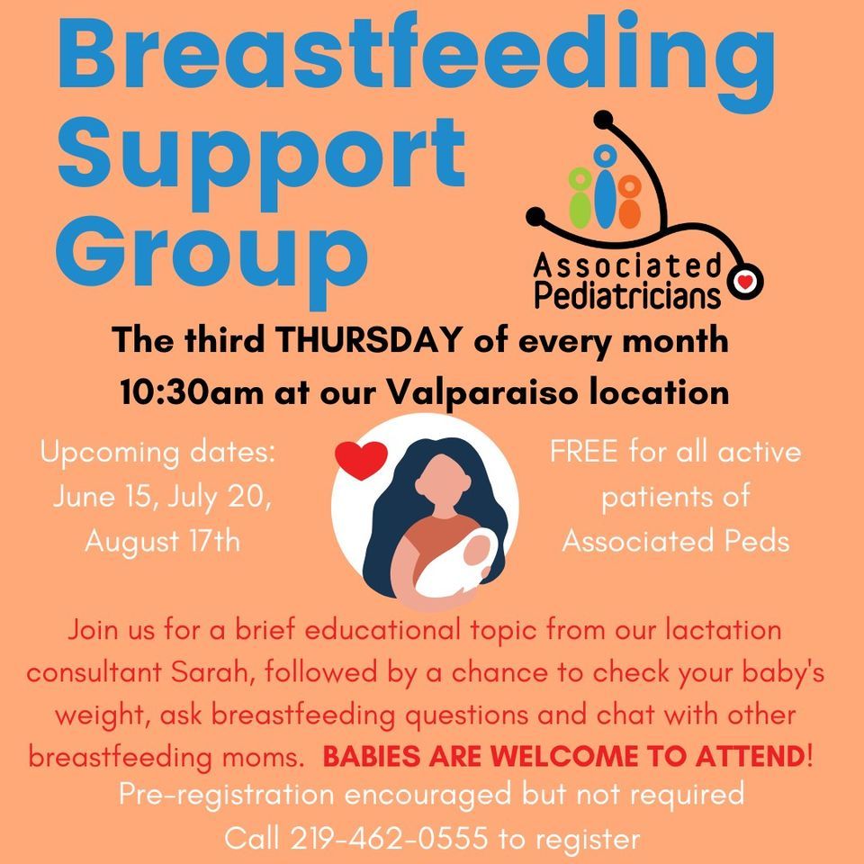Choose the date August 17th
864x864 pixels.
pos(162,543)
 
